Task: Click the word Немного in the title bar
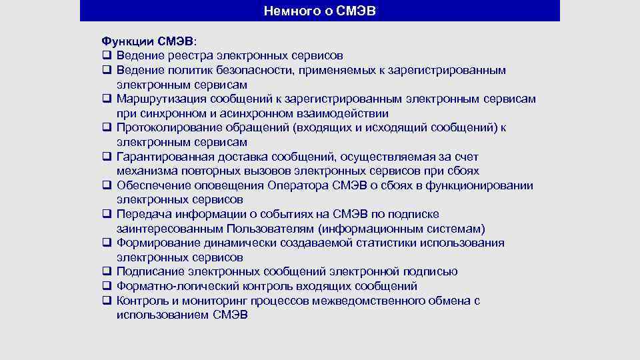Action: click(x=287, y=11)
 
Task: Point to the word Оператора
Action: click(x=296, y=185)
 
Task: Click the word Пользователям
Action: click(x=272, y=229)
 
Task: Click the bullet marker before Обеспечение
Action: click(x=106, y=185)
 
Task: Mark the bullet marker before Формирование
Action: click(x=106, y=243)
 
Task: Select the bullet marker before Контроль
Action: click(x=106, y=301)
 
